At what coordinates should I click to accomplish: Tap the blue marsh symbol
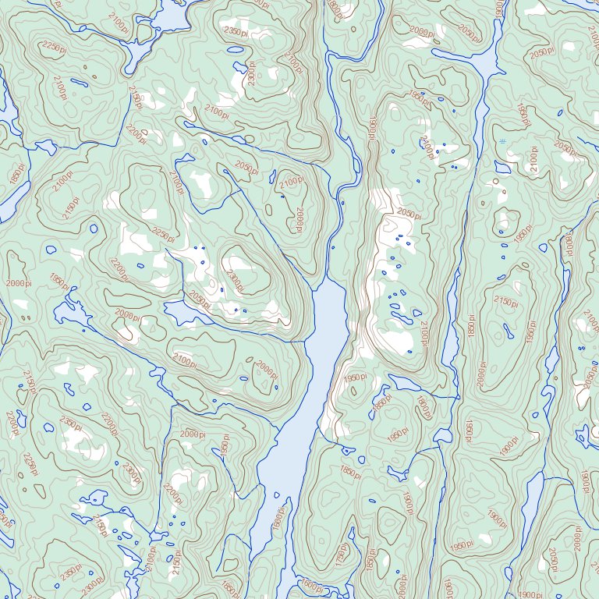504,140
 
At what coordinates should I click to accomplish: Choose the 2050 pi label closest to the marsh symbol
565,148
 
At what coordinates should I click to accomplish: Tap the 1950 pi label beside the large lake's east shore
397,434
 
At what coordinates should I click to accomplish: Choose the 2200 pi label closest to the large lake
172,492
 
